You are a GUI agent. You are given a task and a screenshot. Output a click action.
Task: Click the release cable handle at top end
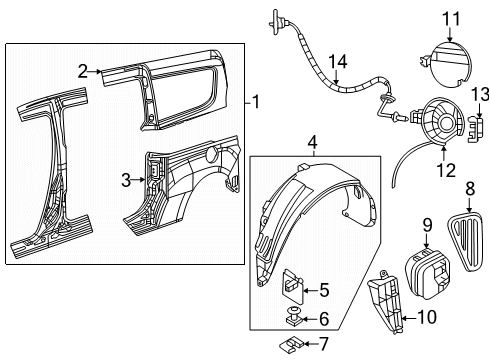(x=273, y=18)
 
